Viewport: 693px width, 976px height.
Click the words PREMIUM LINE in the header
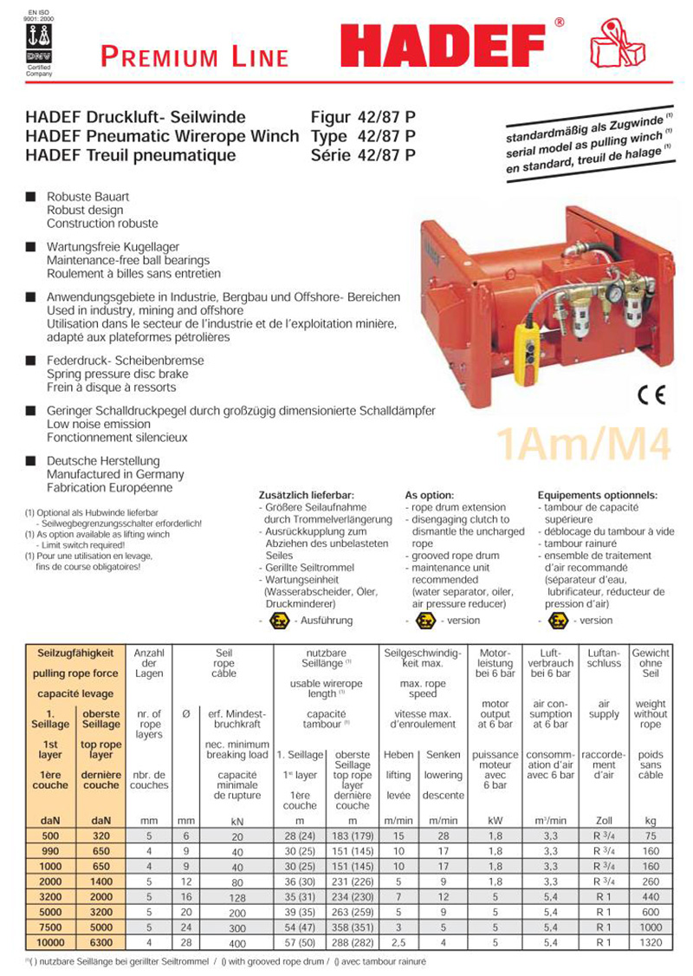coord(194,57)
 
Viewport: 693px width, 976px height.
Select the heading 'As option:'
coord(429,495)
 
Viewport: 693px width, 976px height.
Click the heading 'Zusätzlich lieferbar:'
coord(303,495)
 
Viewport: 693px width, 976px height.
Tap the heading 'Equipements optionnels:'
coord(597,495)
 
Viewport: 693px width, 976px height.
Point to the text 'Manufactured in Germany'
coord(115,475)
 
